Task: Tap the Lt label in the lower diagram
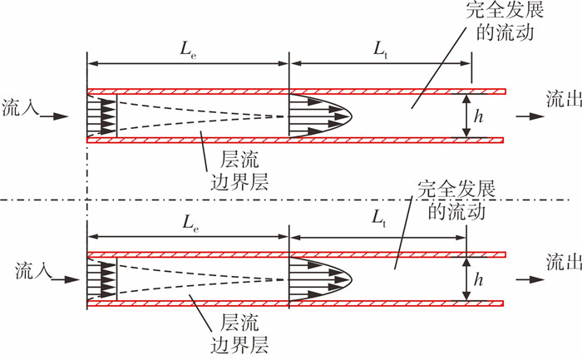(379, 219)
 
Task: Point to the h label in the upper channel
(479, 116)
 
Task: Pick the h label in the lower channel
(479, 279)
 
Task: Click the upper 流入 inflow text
(21, 107)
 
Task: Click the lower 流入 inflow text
(33, 270)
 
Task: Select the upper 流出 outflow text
(564, 99)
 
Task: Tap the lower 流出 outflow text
(564, 262)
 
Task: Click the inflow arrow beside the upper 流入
(54, 116)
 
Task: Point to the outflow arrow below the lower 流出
(530, 279)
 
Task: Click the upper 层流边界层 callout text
(239, 170)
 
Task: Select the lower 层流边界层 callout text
(239, 333)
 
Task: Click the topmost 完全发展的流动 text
(505, 21)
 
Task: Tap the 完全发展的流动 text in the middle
(456, 200)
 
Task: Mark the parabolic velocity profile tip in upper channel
(352, 116)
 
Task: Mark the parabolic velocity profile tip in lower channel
(352, 279)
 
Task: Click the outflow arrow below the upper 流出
(530, 116)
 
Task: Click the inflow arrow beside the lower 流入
(66, 279)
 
